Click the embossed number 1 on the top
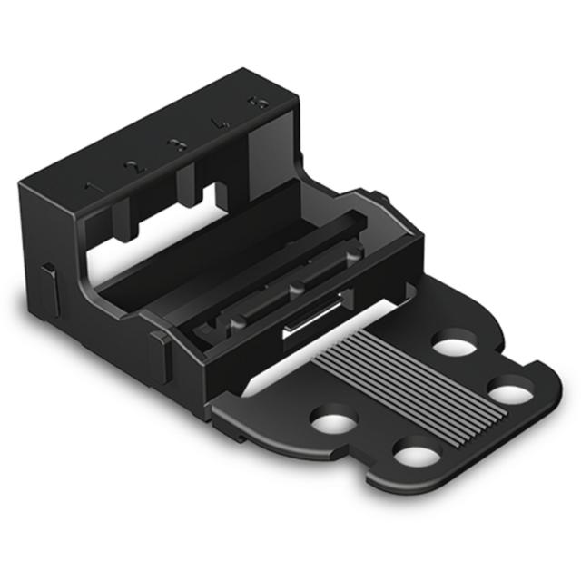point(91,188)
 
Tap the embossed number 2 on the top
point(133,167)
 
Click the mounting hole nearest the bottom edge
point(414,452)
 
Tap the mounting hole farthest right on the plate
point(510,393)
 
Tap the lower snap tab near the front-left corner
point(160,355)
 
